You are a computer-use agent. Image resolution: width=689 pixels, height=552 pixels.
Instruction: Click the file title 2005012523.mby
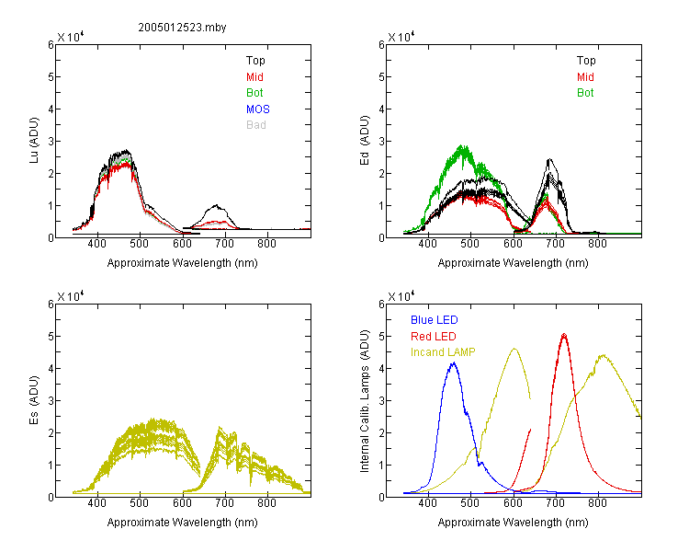click(182, 28)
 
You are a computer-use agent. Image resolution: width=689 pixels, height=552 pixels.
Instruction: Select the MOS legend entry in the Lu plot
click(258, 109)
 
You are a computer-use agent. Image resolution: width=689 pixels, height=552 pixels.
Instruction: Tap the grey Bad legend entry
click(256, 124)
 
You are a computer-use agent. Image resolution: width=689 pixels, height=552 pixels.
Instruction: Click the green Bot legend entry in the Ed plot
click(585, 92)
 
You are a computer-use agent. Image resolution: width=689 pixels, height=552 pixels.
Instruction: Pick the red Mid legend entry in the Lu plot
click(254, 76)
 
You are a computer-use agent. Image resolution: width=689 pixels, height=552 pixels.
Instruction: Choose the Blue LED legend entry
click(435, 320)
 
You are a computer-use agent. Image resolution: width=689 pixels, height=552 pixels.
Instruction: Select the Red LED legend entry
click(434, 337)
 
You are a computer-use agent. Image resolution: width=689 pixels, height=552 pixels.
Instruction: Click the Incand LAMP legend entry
click(443, 352)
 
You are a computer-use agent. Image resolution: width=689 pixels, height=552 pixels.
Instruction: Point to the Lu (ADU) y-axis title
click(34, 140)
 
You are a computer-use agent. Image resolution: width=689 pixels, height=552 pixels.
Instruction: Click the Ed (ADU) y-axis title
click(365, 140)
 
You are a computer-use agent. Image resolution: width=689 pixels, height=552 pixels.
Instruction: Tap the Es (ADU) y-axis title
click(34, 399)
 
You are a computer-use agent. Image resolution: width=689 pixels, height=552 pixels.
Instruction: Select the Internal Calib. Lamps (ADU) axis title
click(365, 401)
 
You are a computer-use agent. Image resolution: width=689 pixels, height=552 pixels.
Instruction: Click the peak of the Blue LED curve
click(454, 362)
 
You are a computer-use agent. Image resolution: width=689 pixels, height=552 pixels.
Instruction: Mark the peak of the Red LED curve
click(564, 334)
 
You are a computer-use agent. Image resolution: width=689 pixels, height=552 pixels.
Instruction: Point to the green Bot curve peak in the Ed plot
click(462, 145)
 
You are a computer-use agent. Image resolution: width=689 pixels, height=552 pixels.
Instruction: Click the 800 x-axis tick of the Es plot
click(266, 502)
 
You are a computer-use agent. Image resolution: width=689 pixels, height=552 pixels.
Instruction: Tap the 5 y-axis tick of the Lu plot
click(51, 76)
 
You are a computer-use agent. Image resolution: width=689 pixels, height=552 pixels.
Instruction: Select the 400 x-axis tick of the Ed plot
click(427, 244)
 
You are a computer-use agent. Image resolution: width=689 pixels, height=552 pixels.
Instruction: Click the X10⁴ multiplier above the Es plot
click(71, 296)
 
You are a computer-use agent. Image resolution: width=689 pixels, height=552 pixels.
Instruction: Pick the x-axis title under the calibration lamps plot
click(513, 522)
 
